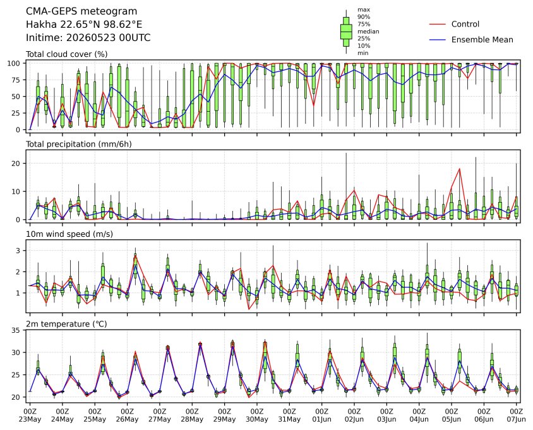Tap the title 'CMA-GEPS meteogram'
click(x=81, y=11)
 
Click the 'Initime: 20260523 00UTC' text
click(x=88, y=37)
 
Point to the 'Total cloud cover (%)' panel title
click(x=67, y=54)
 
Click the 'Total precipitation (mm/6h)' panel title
click(x=79, y=144)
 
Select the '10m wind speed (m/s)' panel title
click(x=69, y=234)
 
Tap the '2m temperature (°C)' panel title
click(x=66, y=324)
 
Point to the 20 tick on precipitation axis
click(x=16, y=164)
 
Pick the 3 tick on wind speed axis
click(x=19, y=251)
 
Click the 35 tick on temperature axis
click(x=16, y=330)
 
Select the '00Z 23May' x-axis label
click(x=30, y=415)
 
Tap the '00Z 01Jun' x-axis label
click(x=321, y=415)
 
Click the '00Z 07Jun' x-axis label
click(x=517, y=415)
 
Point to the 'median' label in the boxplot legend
click(x=368, y=32)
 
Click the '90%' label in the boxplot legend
click(x=364, y=17)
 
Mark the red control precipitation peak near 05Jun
click(x=460, y=169)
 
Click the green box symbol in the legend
click(x=346, y=32)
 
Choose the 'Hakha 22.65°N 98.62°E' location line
click(x=84, y=25)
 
